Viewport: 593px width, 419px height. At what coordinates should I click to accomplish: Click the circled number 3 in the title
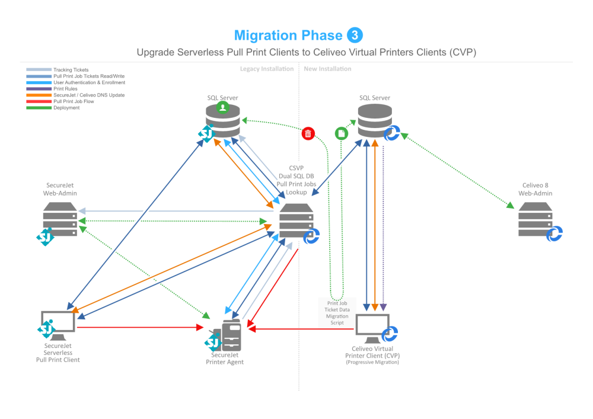pos(355,35)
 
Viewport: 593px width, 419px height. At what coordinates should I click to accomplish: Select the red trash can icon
pos(308,133)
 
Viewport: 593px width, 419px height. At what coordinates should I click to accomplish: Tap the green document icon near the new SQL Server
pos(342,133)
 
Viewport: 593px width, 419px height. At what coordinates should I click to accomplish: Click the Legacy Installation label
pos(267,69)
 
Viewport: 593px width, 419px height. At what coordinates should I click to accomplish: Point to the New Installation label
pos(327,69)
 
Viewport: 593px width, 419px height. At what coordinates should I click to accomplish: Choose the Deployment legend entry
pos(66,108)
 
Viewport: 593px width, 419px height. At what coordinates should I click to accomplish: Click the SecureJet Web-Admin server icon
pos(60,219)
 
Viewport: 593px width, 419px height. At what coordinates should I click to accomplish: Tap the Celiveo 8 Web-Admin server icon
pos(535,219)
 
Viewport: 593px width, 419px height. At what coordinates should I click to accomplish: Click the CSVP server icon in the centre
pos(296,220)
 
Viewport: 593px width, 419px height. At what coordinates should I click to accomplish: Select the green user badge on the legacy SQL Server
pos(222,108)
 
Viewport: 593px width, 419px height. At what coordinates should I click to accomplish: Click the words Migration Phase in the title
pos(288,36)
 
